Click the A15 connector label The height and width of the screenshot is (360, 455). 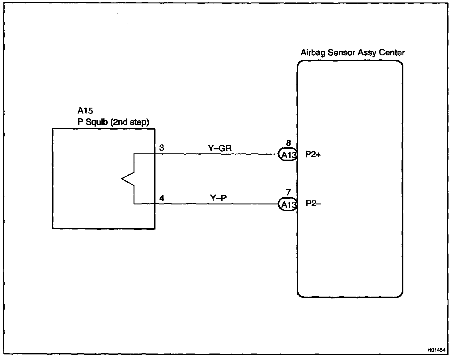tap(85, 111)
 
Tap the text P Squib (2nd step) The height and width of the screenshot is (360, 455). tap(113, 122)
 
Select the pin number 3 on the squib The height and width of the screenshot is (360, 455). tap(162, 148)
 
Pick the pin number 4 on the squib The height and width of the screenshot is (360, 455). tap(162, 198)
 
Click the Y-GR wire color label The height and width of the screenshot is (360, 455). tap(220, 148)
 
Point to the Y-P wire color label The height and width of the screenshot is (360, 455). tap(219, 198)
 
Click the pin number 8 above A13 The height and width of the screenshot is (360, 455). tap(288, 143)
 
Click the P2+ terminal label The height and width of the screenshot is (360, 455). tap(313, 154)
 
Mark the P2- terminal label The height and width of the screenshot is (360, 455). tap(313, 204)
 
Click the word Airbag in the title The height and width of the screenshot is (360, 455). tap(313, 53)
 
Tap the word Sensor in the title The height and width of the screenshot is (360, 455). tap(342, 53)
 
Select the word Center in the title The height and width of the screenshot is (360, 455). tap(392, 53)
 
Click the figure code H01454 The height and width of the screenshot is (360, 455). tap(436, 350)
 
